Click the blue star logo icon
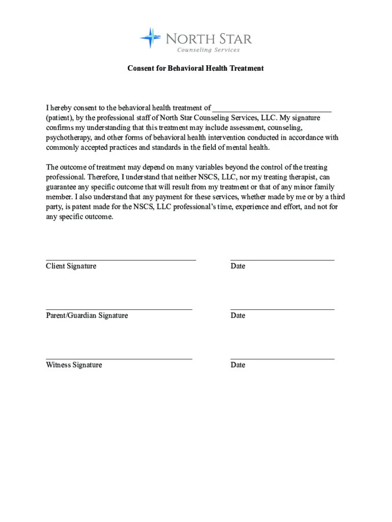(x=150, y=38)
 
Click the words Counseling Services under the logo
(x=208, y=50)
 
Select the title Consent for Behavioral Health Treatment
(x=195, y=68)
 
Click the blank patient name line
(x=272, y=109)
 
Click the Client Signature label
(x=71, y=266)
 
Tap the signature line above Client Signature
(x=121, y=259)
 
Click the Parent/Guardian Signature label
(x=87, y=316)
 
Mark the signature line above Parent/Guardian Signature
(x=119, y=309)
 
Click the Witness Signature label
(x=74, y=365)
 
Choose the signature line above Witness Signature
(x=119, y=358)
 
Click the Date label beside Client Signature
(x=238, y=266)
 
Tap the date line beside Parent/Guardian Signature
(x=282, y=309)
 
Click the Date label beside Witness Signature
(x=238, y=365)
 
